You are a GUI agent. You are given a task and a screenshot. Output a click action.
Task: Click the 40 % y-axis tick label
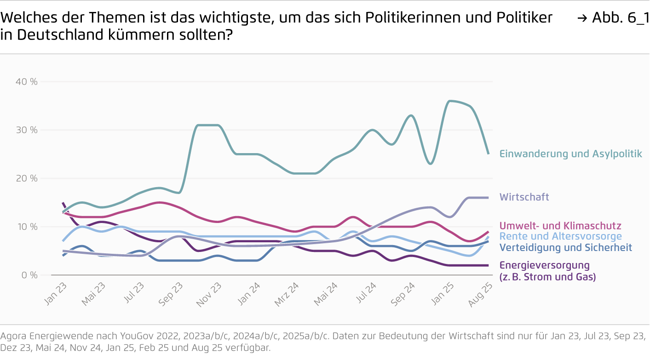(x=26, y=82)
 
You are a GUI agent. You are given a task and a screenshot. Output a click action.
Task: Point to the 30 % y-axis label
(x=26, y=130)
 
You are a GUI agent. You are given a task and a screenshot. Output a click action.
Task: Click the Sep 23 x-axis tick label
(x=172, y=294)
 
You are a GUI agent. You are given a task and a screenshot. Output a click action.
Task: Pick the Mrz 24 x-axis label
(x=287, y=294)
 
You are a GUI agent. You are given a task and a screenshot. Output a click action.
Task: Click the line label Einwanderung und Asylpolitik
(x=570, y=154)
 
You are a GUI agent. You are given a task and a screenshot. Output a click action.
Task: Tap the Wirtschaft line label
(x=524, y=197)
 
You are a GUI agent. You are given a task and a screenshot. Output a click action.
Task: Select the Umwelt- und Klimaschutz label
(x=560, y=226)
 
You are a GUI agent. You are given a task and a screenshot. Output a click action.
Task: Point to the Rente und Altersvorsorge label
(x=560, y=236)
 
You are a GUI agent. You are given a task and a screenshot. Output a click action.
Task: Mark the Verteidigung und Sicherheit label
(x=565, y=247)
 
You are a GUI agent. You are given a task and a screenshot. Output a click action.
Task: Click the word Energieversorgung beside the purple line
(x=544, y=265)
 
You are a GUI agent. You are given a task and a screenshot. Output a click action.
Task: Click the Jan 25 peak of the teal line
(x=450, y=101)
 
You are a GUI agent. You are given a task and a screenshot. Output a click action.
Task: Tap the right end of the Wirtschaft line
(x=488, y=198)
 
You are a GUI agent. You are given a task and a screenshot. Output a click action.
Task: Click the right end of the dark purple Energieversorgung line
(x=488, y=265)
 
